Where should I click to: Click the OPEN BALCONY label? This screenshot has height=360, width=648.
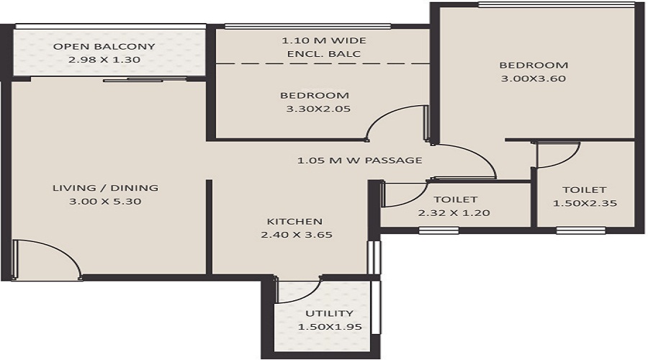pos(104,47)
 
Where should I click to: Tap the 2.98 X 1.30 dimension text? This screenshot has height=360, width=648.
pos(104,60)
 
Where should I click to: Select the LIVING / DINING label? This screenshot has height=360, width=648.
pos(105,188)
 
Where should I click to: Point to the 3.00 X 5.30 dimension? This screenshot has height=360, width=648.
pos(105,202)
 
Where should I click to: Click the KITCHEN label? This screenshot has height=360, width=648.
pos(294,221)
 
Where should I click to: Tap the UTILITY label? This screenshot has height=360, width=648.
pos(329,313)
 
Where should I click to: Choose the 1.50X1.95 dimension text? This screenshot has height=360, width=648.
pos(329,327)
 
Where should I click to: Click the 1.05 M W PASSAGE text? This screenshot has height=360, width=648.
pos(359,160)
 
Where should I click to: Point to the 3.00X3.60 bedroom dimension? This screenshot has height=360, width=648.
pos(534,78)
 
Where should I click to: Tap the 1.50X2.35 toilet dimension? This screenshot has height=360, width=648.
pos(585,204)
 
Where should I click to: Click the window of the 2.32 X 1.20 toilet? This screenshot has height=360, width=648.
pos(438,231)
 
